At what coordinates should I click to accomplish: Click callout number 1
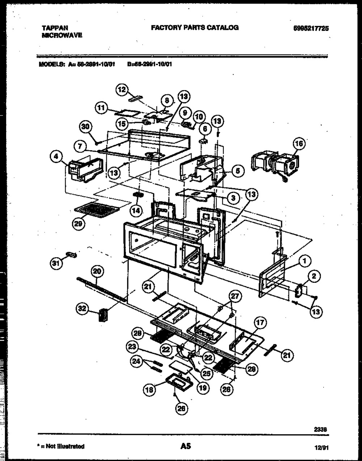[x=304, y=260]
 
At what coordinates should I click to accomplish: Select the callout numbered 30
[x=86, y=127]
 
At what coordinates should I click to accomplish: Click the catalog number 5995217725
[x=311, y=28]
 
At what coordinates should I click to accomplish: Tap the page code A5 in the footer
[x=185, y=447]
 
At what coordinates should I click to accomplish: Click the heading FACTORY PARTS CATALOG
[x=194, y=28]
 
